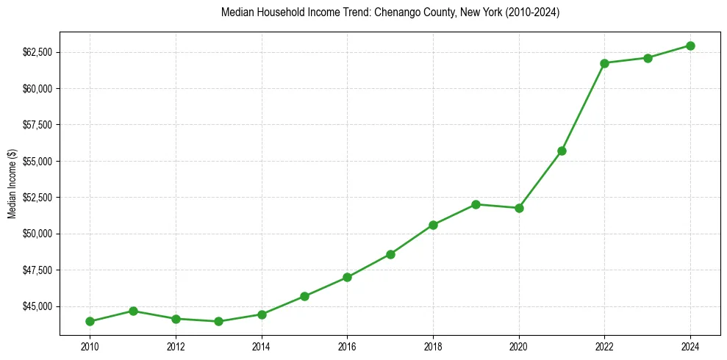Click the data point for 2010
click(90, 321)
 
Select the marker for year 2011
click(133, 311)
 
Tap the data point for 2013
click(218, 321)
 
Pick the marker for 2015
click(304, 296)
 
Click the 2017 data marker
click(390, 254)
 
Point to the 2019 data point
click(476, 204)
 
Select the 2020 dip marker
click(519, 208)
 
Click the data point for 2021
click(562, 151)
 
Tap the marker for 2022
click(605, 63)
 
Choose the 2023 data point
click(648, 58)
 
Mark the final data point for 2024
click(691, 46)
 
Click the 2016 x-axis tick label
click(347, 345)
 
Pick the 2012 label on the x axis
click(176, 345)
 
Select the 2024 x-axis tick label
click(691, 345)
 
